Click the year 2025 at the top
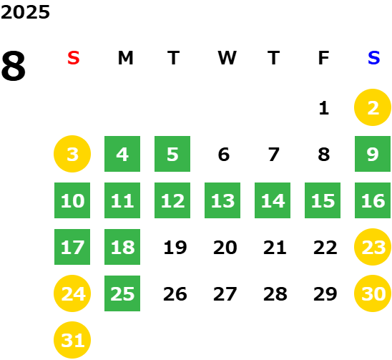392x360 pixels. coord(25,12)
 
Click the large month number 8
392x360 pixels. coord(14,66)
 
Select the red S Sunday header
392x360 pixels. coord(74,58)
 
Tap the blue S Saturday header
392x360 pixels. coord(373,58)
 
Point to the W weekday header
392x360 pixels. coord(227,58)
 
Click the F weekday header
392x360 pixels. coord(323,58)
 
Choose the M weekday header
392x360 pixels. coord(125,58)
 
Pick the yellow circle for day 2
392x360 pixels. coord(373,107)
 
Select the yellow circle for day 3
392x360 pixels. coord(72,154)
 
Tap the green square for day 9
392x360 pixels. coord(373,154)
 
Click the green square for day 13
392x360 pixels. coord(222,200)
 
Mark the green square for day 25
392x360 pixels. coord(122,293)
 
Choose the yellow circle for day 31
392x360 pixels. coord(72,340)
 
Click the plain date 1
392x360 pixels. coord(324,108)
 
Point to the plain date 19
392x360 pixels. coord(175,248)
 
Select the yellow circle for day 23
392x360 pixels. coord(373,247)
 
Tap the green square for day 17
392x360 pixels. coord(72,247)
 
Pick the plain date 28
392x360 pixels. coord(275,294)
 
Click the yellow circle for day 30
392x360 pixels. coord(373,293)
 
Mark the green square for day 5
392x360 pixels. coord(172,154)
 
